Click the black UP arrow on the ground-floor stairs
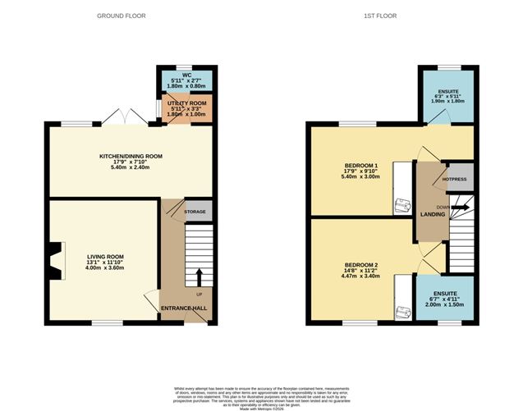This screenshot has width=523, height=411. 198,272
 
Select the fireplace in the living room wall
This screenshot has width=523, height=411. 53,260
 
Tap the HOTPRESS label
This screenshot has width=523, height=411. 455,177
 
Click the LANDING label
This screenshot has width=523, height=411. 433,214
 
